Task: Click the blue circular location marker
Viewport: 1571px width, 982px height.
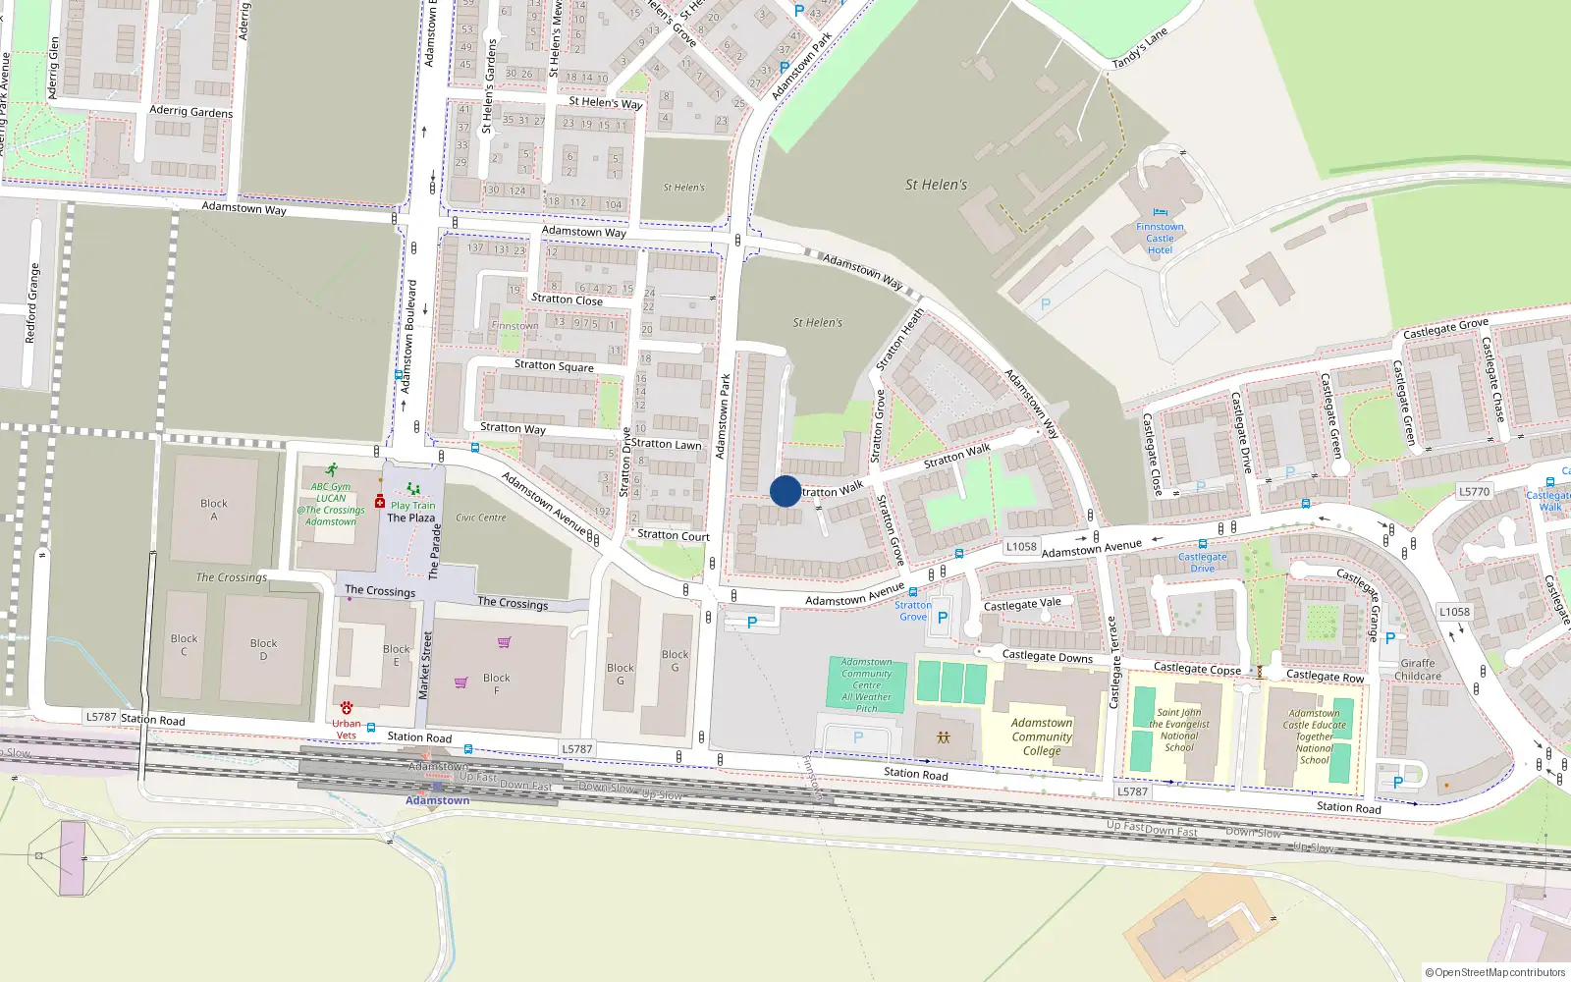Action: click(x=785, y=491)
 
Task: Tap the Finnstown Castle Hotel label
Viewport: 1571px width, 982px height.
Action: click(x=1160, y=239)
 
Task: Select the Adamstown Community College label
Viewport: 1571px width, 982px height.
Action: click(x=1042, y=736)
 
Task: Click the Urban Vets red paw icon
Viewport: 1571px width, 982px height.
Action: click(x=347, y=707)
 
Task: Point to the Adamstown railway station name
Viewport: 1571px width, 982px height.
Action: click(x=438, y=800)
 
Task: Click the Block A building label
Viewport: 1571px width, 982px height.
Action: click(x=214, y=510)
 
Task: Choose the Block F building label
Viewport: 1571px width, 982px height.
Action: click(x=497, y=683)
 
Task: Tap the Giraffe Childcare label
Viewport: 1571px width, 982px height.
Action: click(x=1418, y=670)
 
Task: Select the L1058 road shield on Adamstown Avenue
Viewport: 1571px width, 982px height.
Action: click(x=1021, y=547)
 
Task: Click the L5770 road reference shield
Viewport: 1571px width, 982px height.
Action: click(x=1474, y=491)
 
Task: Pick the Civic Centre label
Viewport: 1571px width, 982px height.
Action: click(x=481, y=518)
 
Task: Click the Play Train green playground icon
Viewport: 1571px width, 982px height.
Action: click(x=413, y=489)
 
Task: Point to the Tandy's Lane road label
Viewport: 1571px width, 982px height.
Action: click(x=1140, y=49)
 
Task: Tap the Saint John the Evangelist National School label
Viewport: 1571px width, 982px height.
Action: click(x=1179, y=730)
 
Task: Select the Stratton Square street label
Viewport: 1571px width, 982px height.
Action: click(x=554, y=365)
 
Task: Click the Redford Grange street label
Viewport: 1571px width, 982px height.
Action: click(x=31, y=302)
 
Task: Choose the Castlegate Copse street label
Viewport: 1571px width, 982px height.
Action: click(x=1197, y=669)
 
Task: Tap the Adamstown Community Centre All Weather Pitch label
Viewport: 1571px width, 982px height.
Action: click(x=867, y=684)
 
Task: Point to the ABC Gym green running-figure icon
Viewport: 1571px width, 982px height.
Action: click(x=332, y=469)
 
